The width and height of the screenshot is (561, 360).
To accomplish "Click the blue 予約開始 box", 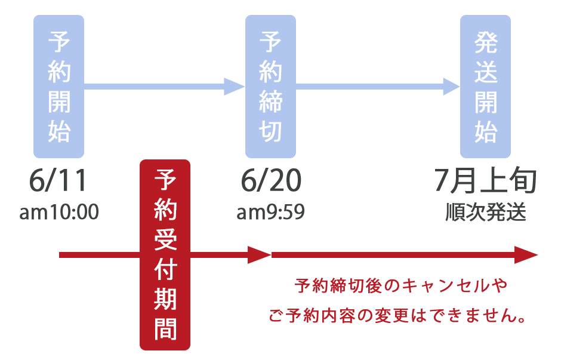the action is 58,86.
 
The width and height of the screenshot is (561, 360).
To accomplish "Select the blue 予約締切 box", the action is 270,86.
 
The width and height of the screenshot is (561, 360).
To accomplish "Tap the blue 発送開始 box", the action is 485,86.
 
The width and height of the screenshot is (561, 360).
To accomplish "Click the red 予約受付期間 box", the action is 165,255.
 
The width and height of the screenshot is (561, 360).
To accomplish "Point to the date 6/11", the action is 58,180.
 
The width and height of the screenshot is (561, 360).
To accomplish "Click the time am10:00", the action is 59,212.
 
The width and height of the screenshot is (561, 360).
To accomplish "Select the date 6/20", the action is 271,180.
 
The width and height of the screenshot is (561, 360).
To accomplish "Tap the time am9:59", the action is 270,212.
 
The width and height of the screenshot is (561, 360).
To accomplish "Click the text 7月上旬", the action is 486,180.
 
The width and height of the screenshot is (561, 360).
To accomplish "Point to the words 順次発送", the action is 486,212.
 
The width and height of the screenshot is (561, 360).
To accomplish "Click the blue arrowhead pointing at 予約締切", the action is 235,86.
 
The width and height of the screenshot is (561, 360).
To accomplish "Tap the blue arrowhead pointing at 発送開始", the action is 452,86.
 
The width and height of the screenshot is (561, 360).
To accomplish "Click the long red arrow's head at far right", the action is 526,255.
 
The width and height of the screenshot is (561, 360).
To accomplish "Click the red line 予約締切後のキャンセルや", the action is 400,286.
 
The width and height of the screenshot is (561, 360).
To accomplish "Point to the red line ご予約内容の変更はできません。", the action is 397,316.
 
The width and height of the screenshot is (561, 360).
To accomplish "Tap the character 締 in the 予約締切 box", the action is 270,101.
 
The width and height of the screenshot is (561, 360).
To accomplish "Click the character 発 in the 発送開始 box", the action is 486,42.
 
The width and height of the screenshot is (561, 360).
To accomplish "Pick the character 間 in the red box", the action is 165,328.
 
